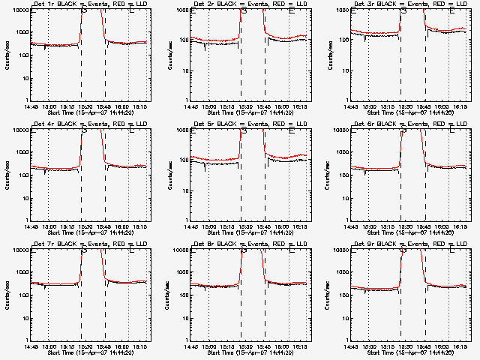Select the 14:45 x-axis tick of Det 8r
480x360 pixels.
point(190,346)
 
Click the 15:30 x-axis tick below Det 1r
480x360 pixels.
point(81,106)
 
